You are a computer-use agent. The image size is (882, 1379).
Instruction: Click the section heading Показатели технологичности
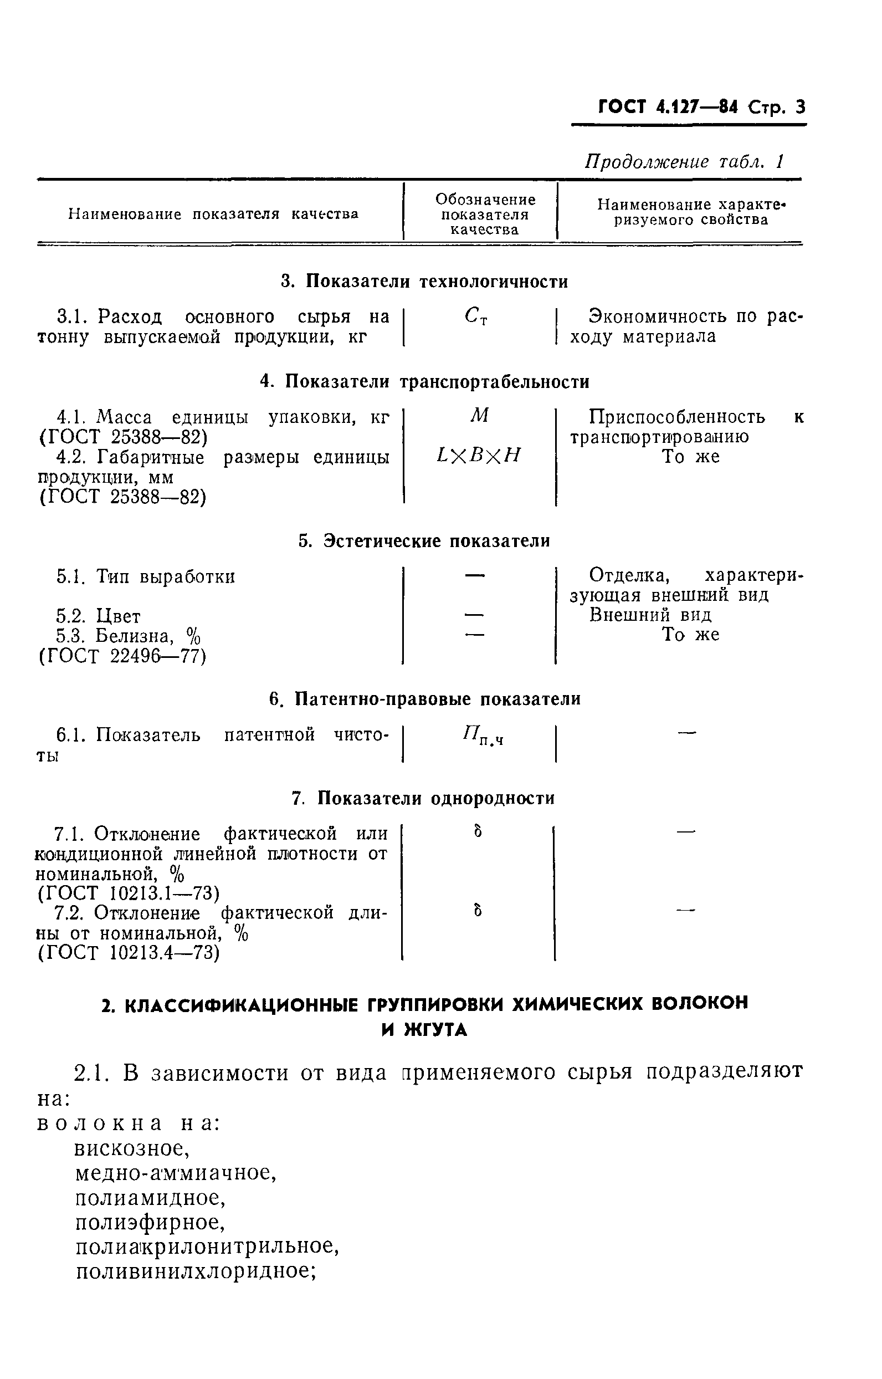[424, 282]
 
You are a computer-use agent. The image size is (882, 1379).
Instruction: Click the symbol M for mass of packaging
[479, 416]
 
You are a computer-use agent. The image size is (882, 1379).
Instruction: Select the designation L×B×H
[478, 456]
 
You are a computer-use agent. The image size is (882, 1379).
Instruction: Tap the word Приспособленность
[676, 416]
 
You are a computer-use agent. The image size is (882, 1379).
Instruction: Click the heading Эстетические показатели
[424, 541]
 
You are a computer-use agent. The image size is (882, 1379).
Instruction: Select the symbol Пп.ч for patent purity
[483, 734]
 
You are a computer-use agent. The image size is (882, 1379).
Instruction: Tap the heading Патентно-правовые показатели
[424, 699]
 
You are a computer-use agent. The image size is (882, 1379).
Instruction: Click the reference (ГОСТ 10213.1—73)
[129, 893]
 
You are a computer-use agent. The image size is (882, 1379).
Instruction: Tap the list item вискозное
[132, 1148]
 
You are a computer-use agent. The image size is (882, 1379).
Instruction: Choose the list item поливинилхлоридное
[197, 1271]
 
